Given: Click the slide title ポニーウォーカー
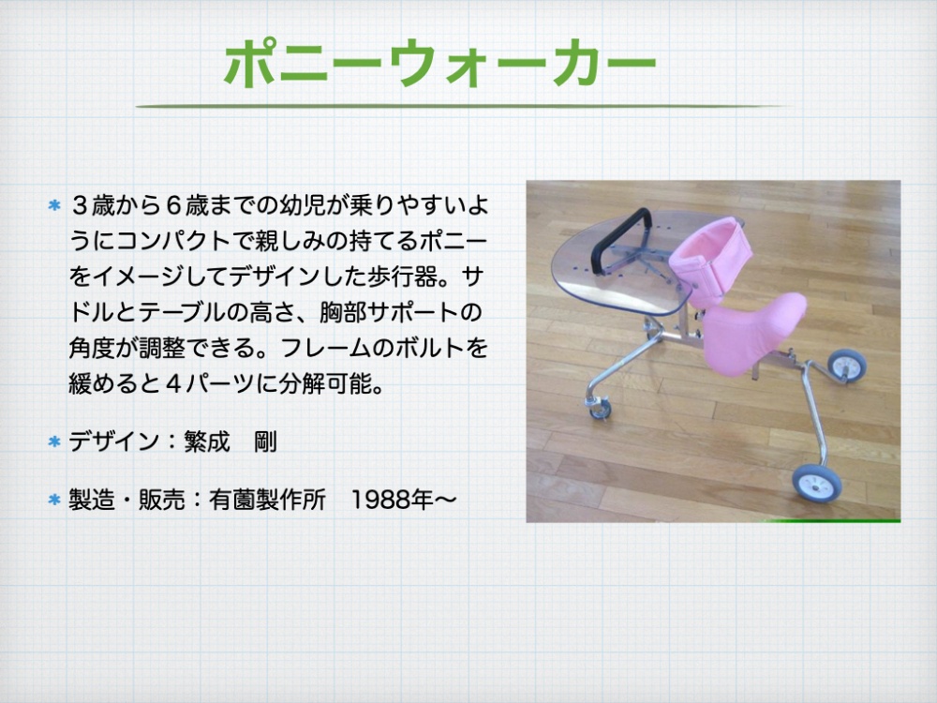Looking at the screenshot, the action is coord(440,64).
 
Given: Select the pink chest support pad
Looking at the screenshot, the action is coord(711,260).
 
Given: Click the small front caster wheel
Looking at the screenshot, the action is coord(600,409).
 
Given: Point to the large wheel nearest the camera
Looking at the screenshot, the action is coord(816,483).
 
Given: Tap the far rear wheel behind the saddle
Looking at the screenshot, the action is coord(847,366).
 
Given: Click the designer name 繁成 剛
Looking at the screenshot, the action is coord(231,441).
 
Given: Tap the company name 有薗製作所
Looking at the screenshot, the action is coord(267,500).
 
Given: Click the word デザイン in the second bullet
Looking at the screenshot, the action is coord(114,441).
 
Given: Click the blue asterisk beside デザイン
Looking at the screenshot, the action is coord(54,441).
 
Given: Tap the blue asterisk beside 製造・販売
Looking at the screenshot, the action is coord(54,500).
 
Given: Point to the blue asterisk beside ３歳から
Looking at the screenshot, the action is coord(54,205).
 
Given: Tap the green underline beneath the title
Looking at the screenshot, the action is coord(460,107).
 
